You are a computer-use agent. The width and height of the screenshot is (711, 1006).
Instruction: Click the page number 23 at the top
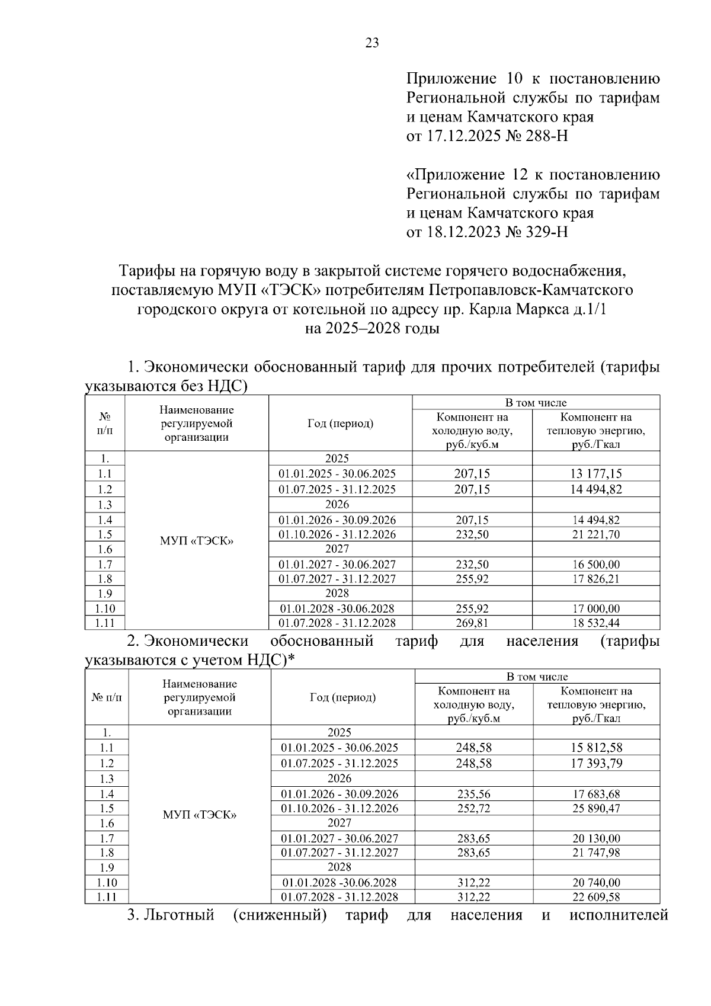(x=371, y=43)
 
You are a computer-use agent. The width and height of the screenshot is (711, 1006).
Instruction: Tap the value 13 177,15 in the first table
(x=596, y=473)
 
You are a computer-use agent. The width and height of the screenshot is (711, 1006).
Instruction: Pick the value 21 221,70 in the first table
(x=596, y=534)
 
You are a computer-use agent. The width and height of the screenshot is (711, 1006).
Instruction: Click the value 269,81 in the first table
(x=472, y=623)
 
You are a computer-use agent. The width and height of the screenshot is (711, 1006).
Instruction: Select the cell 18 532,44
(x=596, y=623)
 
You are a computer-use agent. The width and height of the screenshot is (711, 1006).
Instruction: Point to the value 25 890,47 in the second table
(x=596, y=808)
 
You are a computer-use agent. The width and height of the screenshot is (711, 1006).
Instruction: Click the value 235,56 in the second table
(x=473, y=794)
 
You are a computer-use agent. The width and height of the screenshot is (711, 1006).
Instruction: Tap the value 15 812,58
(x=596, y=748)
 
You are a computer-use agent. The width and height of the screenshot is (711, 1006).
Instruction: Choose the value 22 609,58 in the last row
(x=596, y=897)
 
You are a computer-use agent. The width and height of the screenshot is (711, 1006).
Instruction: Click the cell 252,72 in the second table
(x=473, y=808)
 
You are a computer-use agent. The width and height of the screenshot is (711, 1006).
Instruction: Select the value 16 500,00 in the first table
(x=596, y=565)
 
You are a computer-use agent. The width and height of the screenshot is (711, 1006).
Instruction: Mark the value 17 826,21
(x=596, y=579)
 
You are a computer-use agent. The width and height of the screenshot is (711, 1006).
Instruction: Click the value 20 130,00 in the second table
(x=596, y=838)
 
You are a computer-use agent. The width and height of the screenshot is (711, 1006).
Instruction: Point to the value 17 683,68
(x=596, y=794)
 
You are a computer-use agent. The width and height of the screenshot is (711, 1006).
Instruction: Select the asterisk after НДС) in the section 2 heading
(x=291, y=659)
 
